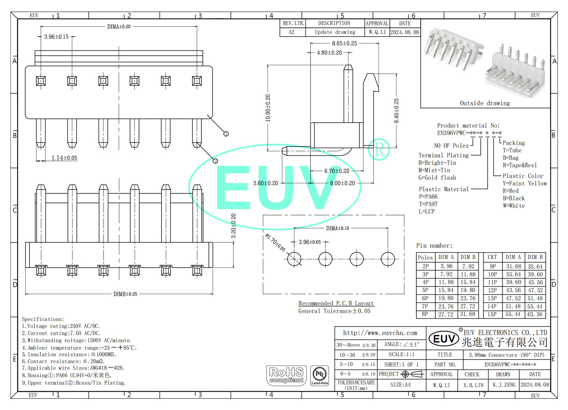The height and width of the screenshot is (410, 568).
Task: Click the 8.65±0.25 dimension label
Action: [344, 43]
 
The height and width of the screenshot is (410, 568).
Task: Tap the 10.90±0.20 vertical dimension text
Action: [268, 108]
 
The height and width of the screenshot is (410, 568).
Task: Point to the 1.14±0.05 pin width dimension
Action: [64, 158]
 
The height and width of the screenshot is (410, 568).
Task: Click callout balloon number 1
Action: [226, 134]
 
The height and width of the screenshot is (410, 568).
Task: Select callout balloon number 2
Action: [215, 161]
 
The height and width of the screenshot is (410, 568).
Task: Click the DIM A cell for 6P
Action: [446, 298]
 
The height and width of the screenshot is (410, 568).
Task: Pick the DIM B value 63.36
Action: [535, 314]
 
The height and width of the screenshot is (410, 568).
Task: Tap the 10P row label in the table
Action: [492, 274]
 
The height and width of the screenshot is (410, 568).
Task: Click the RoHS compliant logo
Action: [286, 376]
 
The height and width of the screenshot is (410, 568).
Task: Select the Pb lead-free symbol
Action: [319, 375]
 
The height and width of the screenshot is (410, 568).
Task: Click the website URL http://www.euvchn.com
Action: [380, 333]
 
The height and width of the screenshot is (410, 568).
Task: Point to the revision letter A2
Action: [291, 32]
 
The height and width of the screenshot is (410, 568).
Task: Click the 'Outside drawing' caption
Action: [485, 103]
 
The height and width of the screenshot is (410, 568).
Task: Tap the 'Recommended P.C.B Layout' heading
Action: [336, 303]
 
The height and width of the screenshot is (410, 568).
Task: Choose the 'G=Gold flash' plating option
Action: [437, 178]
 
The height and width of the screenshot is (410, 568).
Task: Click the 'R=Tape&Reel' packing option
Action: [519, 165]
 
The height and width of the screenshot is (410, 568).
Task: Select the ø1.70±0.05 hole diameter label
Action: [275, 242]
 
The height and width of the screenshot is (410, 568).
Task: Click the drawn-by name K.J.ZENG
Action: [504, 385]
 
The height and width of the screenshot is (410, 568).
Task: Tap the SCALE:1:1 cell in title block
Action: [401, 354]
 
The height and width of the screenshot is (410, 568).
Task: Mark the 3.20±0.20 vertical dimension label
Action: [234, 226]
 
